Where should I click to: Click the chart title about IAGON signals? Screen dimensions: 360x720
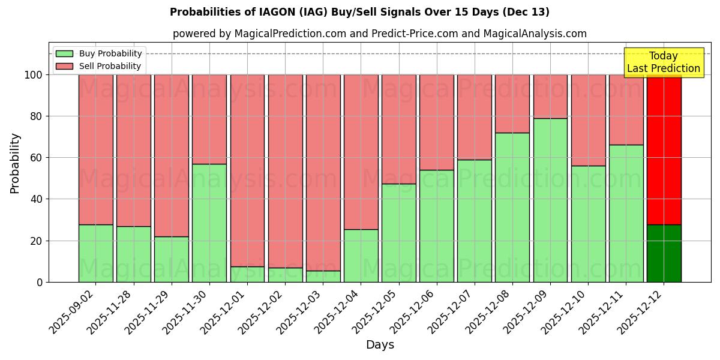pyautogui.click(x=359, y=12)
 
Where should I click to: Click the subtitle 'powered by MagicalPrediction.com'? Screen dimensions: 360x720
pyautogui.click(x=379, y=34)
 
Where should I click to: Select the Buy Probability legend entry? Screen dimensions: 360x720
pyautogui.click(x=98, y=53)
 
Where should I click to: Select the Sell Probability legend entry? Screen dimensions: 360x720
pyautogui.click(x=98, y=66)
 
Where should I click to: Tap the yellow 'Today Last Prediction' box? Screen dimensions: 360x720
pyautogui.click(x=663, y=62)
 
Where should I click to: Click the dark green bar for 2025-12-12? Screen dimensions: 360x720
pyautogui.click(x=664, y=253)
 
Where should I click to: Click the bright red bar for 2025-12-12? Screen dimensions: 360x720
pyautogui.click(x=664, y=149)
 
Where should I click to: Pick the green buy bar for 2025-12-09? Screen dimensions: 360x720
pyautogui.click(x=550, y=200)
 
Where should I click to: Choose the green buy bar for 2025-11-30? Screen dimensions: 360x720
pyautogui.click(x=209, y=223)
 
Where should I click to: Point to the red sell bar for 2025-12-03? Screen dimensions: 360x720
pyautogui.click(x=323, y=172)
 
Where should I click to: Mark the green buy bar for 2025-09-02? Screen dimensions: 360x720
pyautogui.click(x=96, y=253)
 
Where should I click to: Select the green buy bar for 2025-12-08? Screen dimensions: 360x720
pyautogui.click(x=512, y=207)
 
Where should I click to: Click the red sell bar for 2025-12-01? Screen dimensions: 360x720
pyautogui.click(x=247, y=170)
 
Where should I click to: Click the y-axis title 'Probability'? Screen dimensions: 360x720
pyautogui.click(x=15, y=163)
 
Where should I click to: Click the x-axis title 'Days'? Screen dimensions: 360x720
pyautogui.click(x=379, y=345)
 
